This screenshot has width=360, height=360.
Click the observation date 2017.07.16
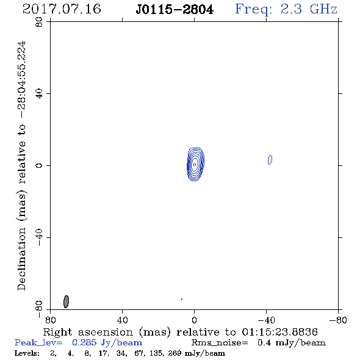[x=62, y=9]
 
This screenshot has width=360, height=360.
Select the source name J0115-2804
[x=175, y=10]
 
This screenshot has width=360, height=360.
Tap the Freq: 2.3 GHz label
[x=286, y=10]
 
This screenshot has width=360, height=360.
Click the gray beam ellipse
[x=66, y=301]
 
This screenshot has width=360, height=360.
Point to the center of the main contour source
[x=195, y=164]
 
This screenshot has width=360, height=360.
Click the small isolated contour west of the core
[x=270, y=160]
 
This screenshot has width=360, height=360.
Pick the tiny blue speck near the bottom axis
[x=182, y=299]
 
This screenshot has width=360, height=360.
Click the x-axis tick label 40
[x=122, y=320]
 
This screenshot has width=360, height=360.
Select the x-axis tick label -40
[x=266, y=320]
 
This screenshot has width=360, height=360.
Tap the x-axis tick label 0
[x=194, y=320]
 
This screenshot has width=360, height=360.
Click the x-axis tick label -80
[x=338, y=320]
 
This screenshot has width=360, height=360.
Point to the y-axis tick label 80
[x=39, y=22]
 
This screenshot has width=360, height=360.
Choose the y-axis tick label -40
[x=39, y=237]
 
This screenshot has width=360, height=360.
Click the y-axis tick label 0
[x=39, y=165]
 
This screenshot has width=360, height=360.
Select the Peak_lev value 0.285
[x=84, y=342]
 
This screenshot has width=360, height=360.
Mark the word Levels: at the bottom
[x=27, y=353]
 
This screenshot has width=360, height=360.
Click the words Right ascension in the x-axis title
[x=88, y=332]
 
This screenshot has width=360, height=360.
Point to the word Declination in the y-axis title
[x=21, y=259]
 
